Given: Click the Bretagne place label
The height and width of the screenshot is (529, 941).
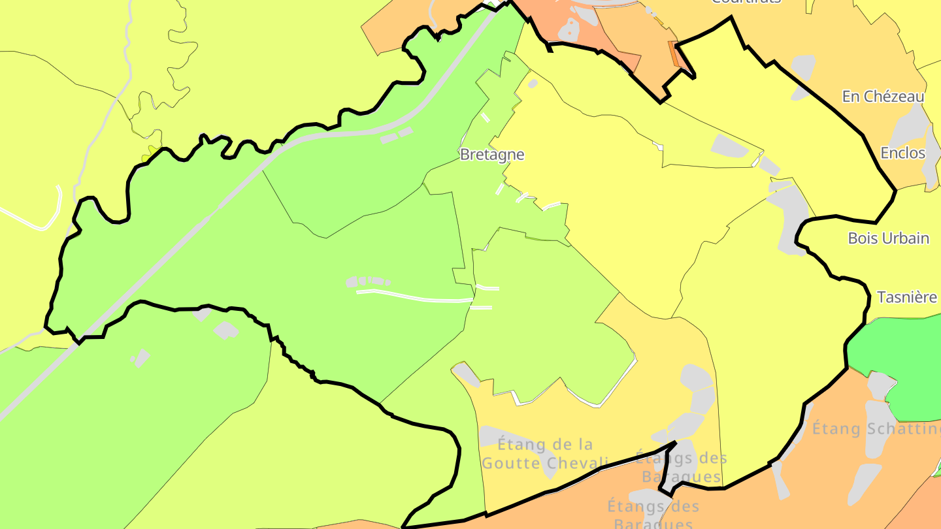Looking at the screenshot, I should (491, 155).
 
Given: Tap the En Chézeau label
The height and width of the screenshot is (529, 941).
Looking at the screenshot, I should (883, 97).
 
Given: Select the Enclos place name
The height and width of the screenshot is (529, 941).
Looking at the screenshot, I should (902, 153).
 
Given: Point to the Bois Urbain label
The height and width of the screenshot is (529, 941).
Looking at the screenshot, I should (888, 238).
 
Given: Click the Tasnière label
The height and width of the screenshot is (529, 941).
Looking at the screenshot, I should (906, 297).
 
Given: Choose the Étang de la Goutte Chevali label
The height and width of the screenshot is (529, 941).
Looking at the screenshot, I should (545, 454).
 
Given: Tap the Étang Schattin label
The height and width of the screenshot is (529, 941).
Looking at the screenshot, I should (876, 429).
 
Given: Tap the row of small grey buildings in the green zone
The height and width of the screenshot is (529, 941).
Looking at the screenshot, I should (368, 281).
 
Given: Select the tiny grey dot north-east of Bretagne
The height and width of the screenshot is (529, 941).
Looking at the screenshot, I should (533, 84).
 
